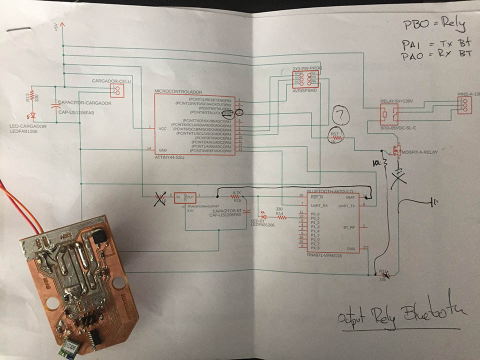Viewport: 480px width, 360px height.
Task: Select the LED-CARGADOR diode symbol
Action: [x=33, y=116]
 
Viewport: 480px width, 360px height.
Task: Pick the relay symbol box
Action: [x=388, y=116]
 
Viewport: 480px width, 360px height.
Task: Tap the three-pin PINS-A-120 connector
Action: [x=464, y=104]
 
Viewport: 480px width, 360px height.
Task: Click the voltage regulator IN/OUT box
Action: [x=185, y=198]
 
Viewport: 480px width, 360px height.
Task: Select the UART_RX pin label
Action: [x=318, y=205]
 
